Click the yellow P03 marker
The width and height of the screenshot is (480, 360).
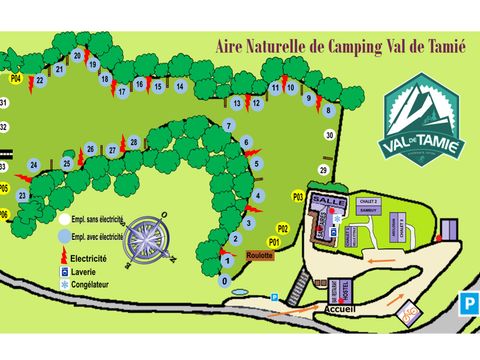(297, 197)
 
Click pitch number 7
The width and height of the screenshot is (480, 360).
(229, 126)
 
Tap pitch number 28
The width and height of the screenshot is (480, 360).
(134, 143)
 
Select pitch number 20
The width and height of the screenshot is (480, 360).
(76, 56)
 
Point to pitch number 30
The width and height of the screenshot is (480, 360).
(329, 134)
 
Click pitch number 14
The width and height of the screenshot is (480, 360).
(179, 86)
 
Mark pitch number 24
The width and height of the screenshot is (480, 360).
(34, 165)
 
